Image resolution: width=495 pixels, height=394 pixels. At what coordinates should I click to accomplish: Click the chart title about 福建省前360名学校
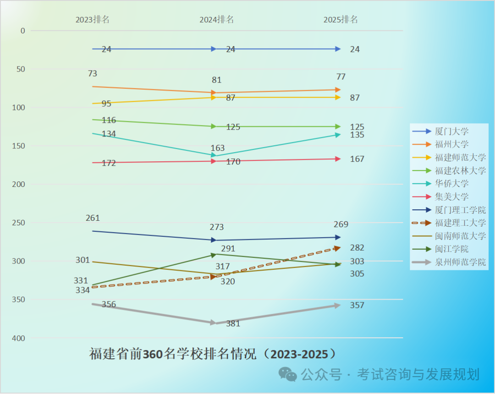coord(213,354)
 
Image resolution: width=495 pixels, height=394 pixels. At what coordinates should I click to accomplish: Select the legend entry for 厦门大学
coord(451,131)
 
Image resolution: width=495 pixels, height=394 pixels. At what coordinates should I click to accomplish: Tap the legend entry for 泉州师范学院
coord(460,263)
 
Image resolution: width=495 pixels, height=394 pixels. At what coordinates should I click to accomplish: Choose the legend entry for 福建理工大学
coord(460,223)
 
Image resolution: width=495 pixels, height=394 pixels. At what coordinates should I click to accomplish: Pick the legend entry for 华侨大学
coord(451,184)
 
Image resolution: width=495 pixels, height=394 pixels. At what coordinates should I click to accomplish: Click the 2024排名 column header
coord(216,19)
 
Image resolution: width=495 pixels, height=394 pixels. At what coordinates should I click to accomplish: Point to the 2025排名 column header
coord(341,19)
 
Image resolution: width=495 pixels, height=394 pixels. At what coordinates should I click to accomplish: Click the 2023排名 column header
coord(93,19)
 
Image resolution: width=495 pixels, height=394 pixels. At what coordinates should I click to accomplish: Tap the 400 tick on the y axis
coord(19,338)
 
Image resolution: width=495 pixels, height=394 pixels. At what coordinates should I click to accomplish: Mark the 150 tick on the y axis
coord(19,146)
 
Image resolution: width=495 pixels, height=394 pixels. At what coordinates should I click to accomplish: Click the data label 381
coord(233,323)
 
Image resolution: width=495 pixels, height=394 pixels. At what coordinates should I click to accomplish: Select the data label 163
coord(218,148)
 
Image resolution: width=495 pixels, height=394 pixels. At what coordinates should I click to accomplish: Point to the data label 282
coord(357,248)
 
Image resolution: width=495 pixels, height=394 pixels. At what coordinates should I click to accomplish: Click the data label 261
coord(92,218)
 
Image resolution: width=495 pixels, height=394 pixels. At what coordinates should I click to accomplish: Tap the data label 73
coord(92,73)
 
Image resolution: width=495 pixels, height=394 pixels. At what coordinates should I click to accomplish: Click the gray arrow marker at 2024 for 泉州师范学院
coord(213,323)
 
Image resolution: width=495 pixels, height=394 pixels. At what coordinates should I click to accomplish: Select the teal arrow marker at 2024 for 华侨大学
coord(213,156)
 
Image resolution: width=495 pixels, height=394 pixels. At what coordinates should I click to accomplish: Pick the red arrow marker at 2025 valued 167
coord(337,159)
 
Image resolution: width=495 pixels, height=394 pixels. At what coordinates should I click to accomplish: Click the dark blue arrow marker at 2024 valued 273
coord(213,240)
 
